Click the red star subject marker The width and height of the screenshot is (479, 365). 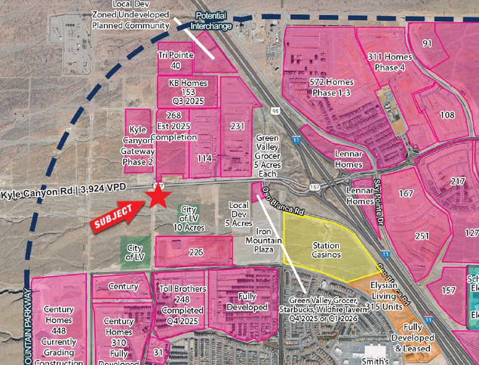tap(158, 197)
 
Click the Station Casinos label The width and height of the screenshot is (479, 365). tap(326, 250)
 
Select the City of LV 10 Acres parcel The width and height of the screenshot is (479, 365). tap(189, 219)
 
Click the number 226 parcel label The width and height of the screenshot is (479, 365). tap(196, 252)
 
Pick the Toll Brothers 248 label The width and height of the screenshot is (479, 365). tap(182, 302)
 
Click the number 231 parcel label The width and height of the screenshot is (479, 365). tap(237, 126)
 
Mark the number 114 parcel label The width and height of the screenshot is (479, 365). tap(205, 158)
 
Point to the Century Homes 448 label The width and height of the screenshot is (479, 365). tap(59, 326)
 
